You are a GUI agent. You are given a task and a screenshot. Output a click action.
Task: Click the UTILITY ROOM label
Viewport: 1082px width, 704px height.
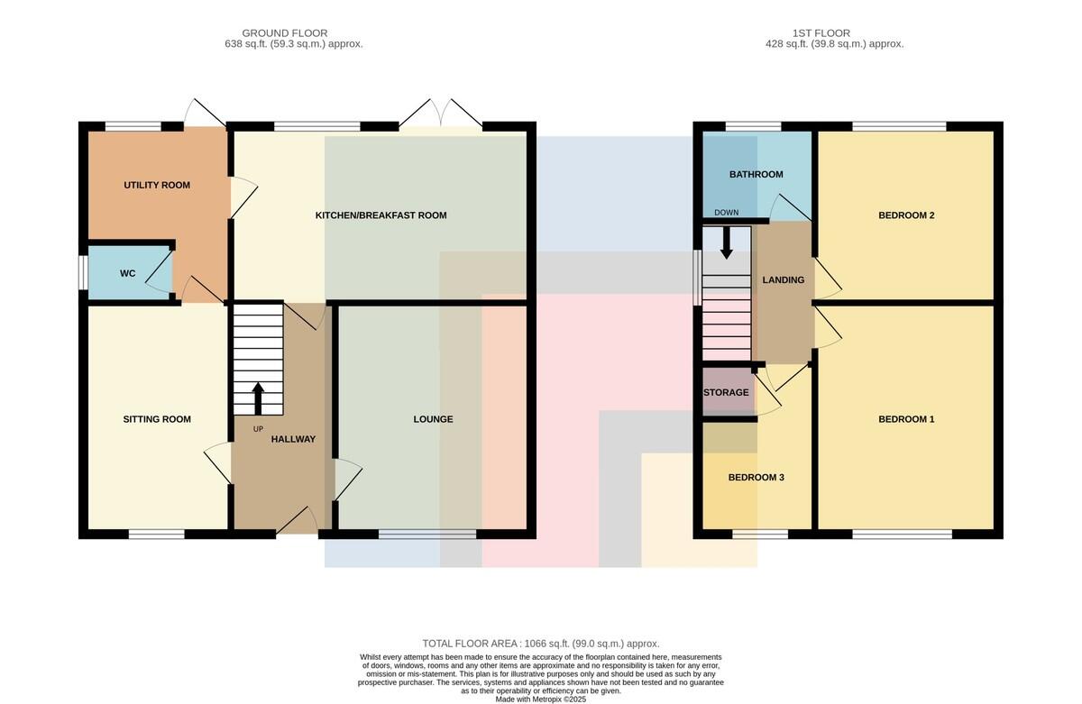tap(157, 185)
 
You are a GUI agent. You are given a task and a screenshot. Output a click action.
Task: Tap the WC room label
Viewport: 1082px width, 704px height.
tap(127, 273)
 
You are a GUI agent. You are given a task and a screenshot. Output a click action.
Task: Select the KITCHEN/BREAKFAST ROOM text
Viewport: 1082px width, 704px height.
tap(381, 215)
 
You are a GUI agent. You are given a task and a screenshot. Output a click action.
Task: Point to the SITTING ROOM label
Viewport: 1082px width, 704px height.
tap(157, 419)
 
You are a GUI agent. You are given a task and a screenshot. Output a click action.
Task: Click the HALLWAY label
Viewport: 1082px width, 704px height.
tap(293, 439)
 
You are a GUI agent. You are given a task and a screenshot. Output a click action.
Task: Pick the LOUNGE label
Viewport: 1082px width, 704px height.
tap(434, 419)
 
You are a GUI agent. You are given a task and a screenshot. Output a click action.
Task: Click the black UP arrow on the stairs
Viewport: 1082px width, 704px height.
tap(258, 398)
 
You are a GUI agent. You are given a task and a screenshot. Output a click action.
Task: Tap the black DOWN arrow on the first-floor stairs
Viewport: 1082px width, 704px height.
tap(727, 242)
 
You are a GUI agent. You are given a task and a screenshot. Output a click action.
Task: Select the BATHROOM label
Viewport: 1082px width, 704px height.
tap(756, 174)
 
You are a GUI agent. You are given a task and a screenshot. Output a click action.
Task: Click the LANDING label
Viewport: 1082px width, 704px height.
tap(784, 280)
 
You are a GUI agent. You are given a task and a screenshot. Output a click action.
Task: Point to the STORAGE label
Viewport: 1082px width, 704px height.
tap(726, 392)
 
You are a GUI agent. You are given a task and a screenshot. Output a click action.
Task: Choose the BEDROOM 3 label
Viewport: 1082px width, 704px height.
tap(756, 478)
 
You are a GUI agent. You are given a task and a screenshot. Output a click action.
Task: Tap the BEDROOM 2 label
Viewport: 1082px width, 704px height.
tap(907, 215)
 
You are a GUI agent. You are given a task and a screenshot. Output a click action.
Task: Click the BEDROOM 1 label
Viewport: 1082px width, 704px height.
tap(907, 419)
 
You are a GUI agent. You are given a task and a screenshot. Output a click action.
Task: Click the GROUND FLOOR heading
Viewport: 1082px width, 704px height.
tap(285, 33)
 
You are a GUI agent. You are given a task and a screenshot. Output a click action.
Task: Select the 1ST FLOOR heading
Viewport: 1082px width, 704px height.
tap(821, 33)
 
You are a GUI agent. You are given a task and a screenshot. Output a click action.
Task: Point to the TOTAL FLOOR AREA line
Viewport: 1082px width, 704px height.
tap(541, 644)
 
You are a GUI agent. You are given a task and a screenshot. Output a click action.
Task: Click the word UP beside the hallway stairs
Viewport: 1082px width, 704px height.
tap(259, 429)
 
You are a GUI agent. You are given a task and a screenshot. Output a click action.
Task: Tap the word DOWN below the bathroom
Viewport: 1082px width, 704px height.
tap(727, 213)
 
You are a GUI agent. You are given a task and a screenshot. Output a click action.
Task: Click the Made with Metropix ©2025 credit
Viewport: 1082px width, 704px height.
tap(541, 699)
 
